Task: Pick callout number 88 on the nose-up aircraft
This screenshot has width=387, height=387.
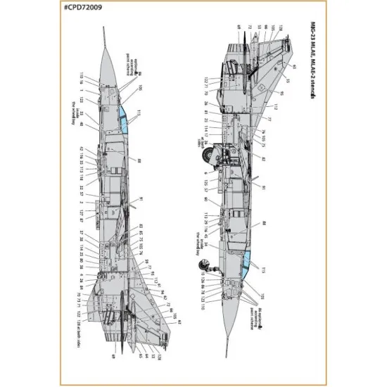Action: coord(139,161)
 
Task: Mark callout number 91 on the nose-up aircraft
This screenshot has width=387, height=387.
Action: coord(141,200)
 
